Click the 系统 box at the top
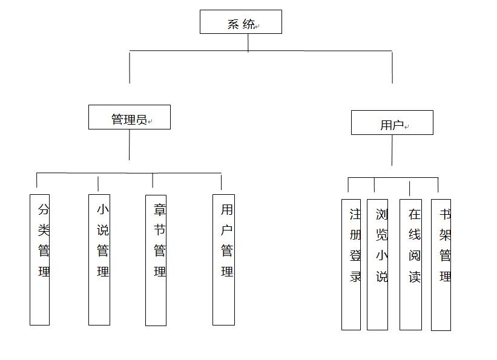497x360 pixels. pyautogui.click(x=241, y=22)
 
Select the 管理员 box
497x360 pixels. pyautogui.click(x=130, y=117)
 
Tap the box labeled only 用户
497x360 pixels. pyautogui.click(x=392, y=123)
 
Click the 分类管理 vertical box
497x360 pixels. pyautogui.click(x=39, y=260)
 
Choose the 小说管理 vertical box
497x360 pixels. pyautogui.click(x=99, y=260)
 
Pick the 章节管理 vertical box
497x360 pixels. pyautogui.click(x=156, y=260)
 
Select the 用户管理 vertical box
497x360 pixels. pyautogui.click(x=224, y=260)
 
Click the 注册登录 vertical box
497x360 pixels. pyautogui.click(x=351, y=264)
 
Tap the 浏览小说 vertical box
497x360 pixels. pyautogui.click(x=378, y=264)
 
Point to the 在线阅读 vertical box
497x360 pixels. pyautogui.click(x=411, y=264)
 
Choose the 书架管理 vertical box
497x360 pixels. pyautogui.click(x=441, y=265)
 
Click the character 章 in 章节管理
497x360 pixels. pyautogui.click(x=160, y=210)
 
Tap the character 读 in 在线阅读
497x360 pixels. pyautogui.click(x=415, y=277)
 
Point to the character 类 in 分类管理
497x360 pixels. pyautogui.click(x=44, y=230)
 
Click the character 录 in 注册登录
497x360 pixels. pyautogui.click(x=355, y=277)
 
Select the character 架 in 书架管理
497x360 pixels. pyautogui.click(x=445, y=235)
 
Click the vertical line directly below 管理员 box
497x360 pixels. pyautogui.click(x=130, y=145)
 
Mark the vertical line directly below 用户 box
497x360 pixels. pyautogui.click(x=392, y=150)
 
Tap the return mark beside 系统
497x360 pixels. pyautogui.click(x=257, y=27)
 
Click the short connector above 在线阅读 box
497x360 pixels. pyautogui.click(x=409, y=189)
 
